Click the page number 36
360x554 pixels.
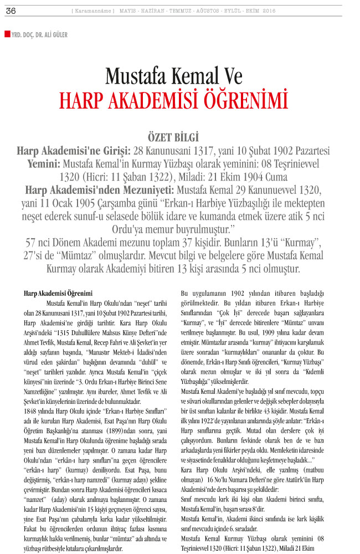click(11, 11)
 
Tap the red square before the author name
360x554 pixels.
click(7, 34)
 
